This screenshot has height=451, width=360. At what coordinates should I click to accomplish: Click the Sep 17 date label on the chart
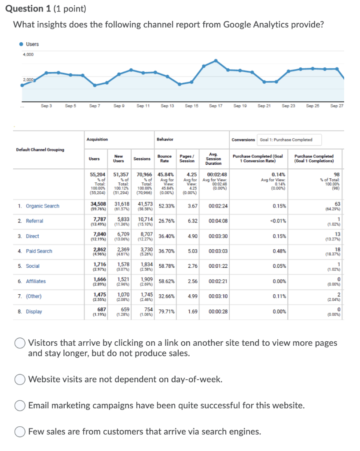point(216,106)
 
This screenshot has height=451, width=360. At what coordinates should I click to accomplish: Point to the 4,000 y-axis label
point(28,55)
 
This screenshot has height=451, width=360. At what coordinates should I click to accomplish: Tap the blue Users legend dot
point(21,44)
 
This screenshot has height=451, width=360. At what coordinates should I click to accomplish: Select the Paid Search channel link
point(39,251)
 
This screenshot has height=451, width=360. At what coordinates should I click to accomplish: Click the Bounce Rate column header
point(165,159)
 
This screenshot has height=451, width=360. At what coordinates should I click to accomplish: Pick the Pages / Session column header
point(187,159)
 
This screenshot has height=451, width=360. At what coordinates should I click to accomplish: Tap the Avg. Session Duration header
point(213,159)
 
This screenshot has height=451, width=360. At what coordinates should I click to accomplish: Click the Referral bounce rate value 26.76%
point(167,221)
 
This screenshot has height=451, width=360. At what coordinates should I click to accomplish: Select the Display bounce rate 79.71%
point(167,311)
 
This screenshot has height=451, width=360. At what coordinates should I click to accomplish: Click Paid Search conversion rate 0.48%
point(279,251)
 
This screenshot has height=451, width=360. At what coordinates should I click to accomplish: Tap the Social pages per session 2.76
point(192,266)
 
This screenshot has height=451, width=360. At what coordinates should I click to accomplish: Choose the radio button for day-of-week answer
point(20,379)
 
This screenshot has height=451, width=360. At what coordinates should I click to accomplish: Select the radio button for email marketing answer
point(20,405)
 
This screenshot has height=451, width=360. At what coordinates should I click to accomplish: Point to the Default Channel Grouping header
point(40,150)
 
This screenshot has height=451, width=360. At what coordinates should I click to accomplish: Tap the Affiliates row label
point(36,281)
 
